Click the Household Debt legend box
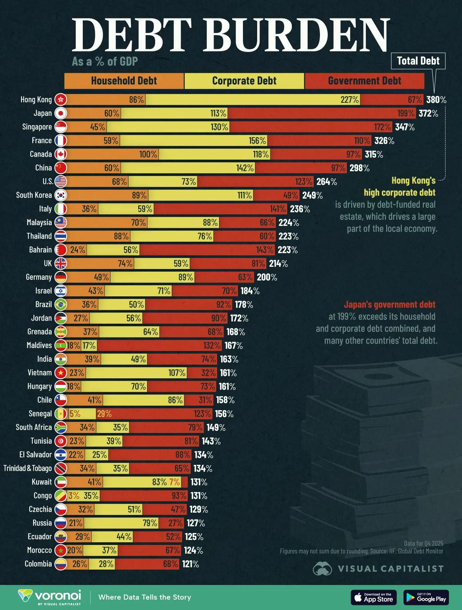[x=124, y=81]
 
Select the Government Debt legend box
[x=364, y=81]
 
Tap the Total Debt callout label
[x=418, y=61]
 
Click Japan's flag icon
[x=61, y=113]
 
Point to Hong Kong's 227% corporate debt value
[x=349, y=100]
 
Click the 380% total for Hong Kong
[x=436, y=100]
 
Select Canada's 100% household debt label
[x=148, y=154]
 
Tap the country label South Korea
[x=34, y=195]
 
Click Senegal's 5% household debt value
[x=75, y=414]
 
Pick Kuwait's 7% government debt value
[x=174, y=482]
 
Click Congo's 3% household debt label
[x=74, y=496]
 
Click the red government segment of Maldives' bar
[x=154, y=345]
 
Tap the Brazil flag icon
[x=61, y=304]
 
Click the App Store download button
[x=373, y=597]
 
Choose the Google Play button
[x=426, y=597]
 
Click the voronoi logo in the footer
[x=50, y=597]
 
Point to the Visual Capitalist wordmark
[x=390, y=569]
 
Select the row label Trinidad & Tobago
[x=28, y=468]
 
